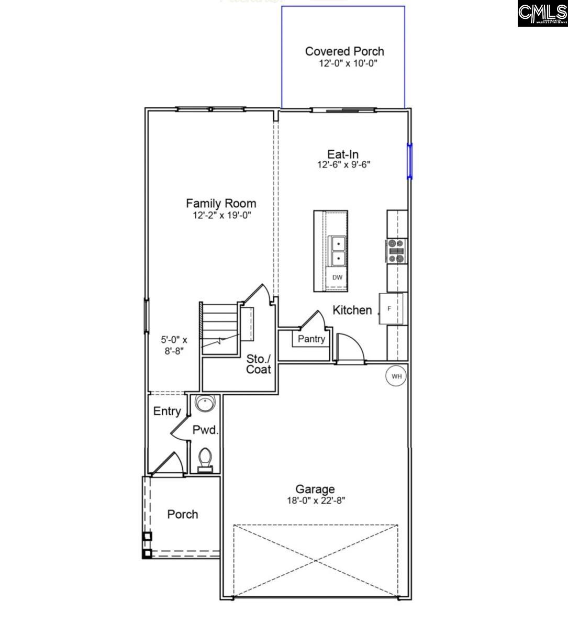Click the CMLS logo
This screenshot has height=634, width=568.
[x=542, y=14]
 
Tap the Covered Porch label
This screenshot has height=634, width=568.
[x=344, y=51]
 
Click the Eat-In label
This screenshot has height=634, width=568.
[x=343, y=154]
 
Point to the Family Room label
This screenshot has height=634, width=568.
[x=221, y=203]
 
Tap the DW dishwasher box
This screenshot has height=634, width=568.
[x=337, y=277]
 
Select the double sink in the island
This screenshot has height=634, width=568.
[x=337, y=251]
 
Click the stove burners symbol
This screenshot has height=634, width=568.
[x=396, y=250]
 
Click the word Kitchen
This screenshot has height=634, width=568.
[x=352, y=310]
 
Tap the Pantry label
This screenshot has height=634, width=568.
[x=311, y=339]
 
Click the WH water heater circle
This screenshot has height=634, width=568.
[x=396, y=376]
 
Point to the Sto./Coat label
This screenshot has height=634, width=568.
[x=259, y=364]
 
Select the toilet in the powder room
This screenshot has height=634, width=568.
[x=205, y=459]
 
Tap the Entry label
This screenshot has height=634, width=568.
[x=167, y=411]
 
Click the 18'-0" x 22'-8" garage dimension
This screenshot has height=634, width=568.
[x=315, y=500]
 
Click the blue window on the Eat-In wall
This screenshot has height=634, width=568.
[x=410, y=161]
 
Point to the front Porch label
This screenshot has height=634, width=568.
[x=183, y=515]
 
